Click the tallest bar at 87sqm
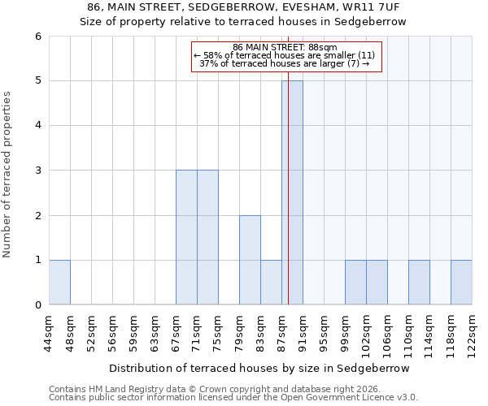pyautogui.click(x=293, y=192)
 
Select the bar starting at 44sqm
pyautogui.click(x=59, y=283)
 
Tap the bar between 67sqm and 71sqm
pyautogui.click(x=186, y=237)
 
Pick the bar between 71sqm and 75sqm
pyautogui.click(x=207, y=237)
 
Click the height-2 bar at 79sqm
pyautogui.click(x=250, y=260)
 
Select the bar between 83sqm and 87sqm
pyautogui.click(x=271, y=283)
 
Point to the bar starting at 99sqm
pyautogui.click(x=355, y=283)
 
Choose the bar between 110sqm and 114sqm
pyautogui.click(x=419, y=283)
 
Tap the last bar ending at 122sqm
pyautogui.click(x=461, y=283)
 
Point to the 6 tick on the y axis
pyautogui.click(x=37, y=36)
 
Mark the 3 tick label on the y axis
pyautogui.click(x=37, y=171)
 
